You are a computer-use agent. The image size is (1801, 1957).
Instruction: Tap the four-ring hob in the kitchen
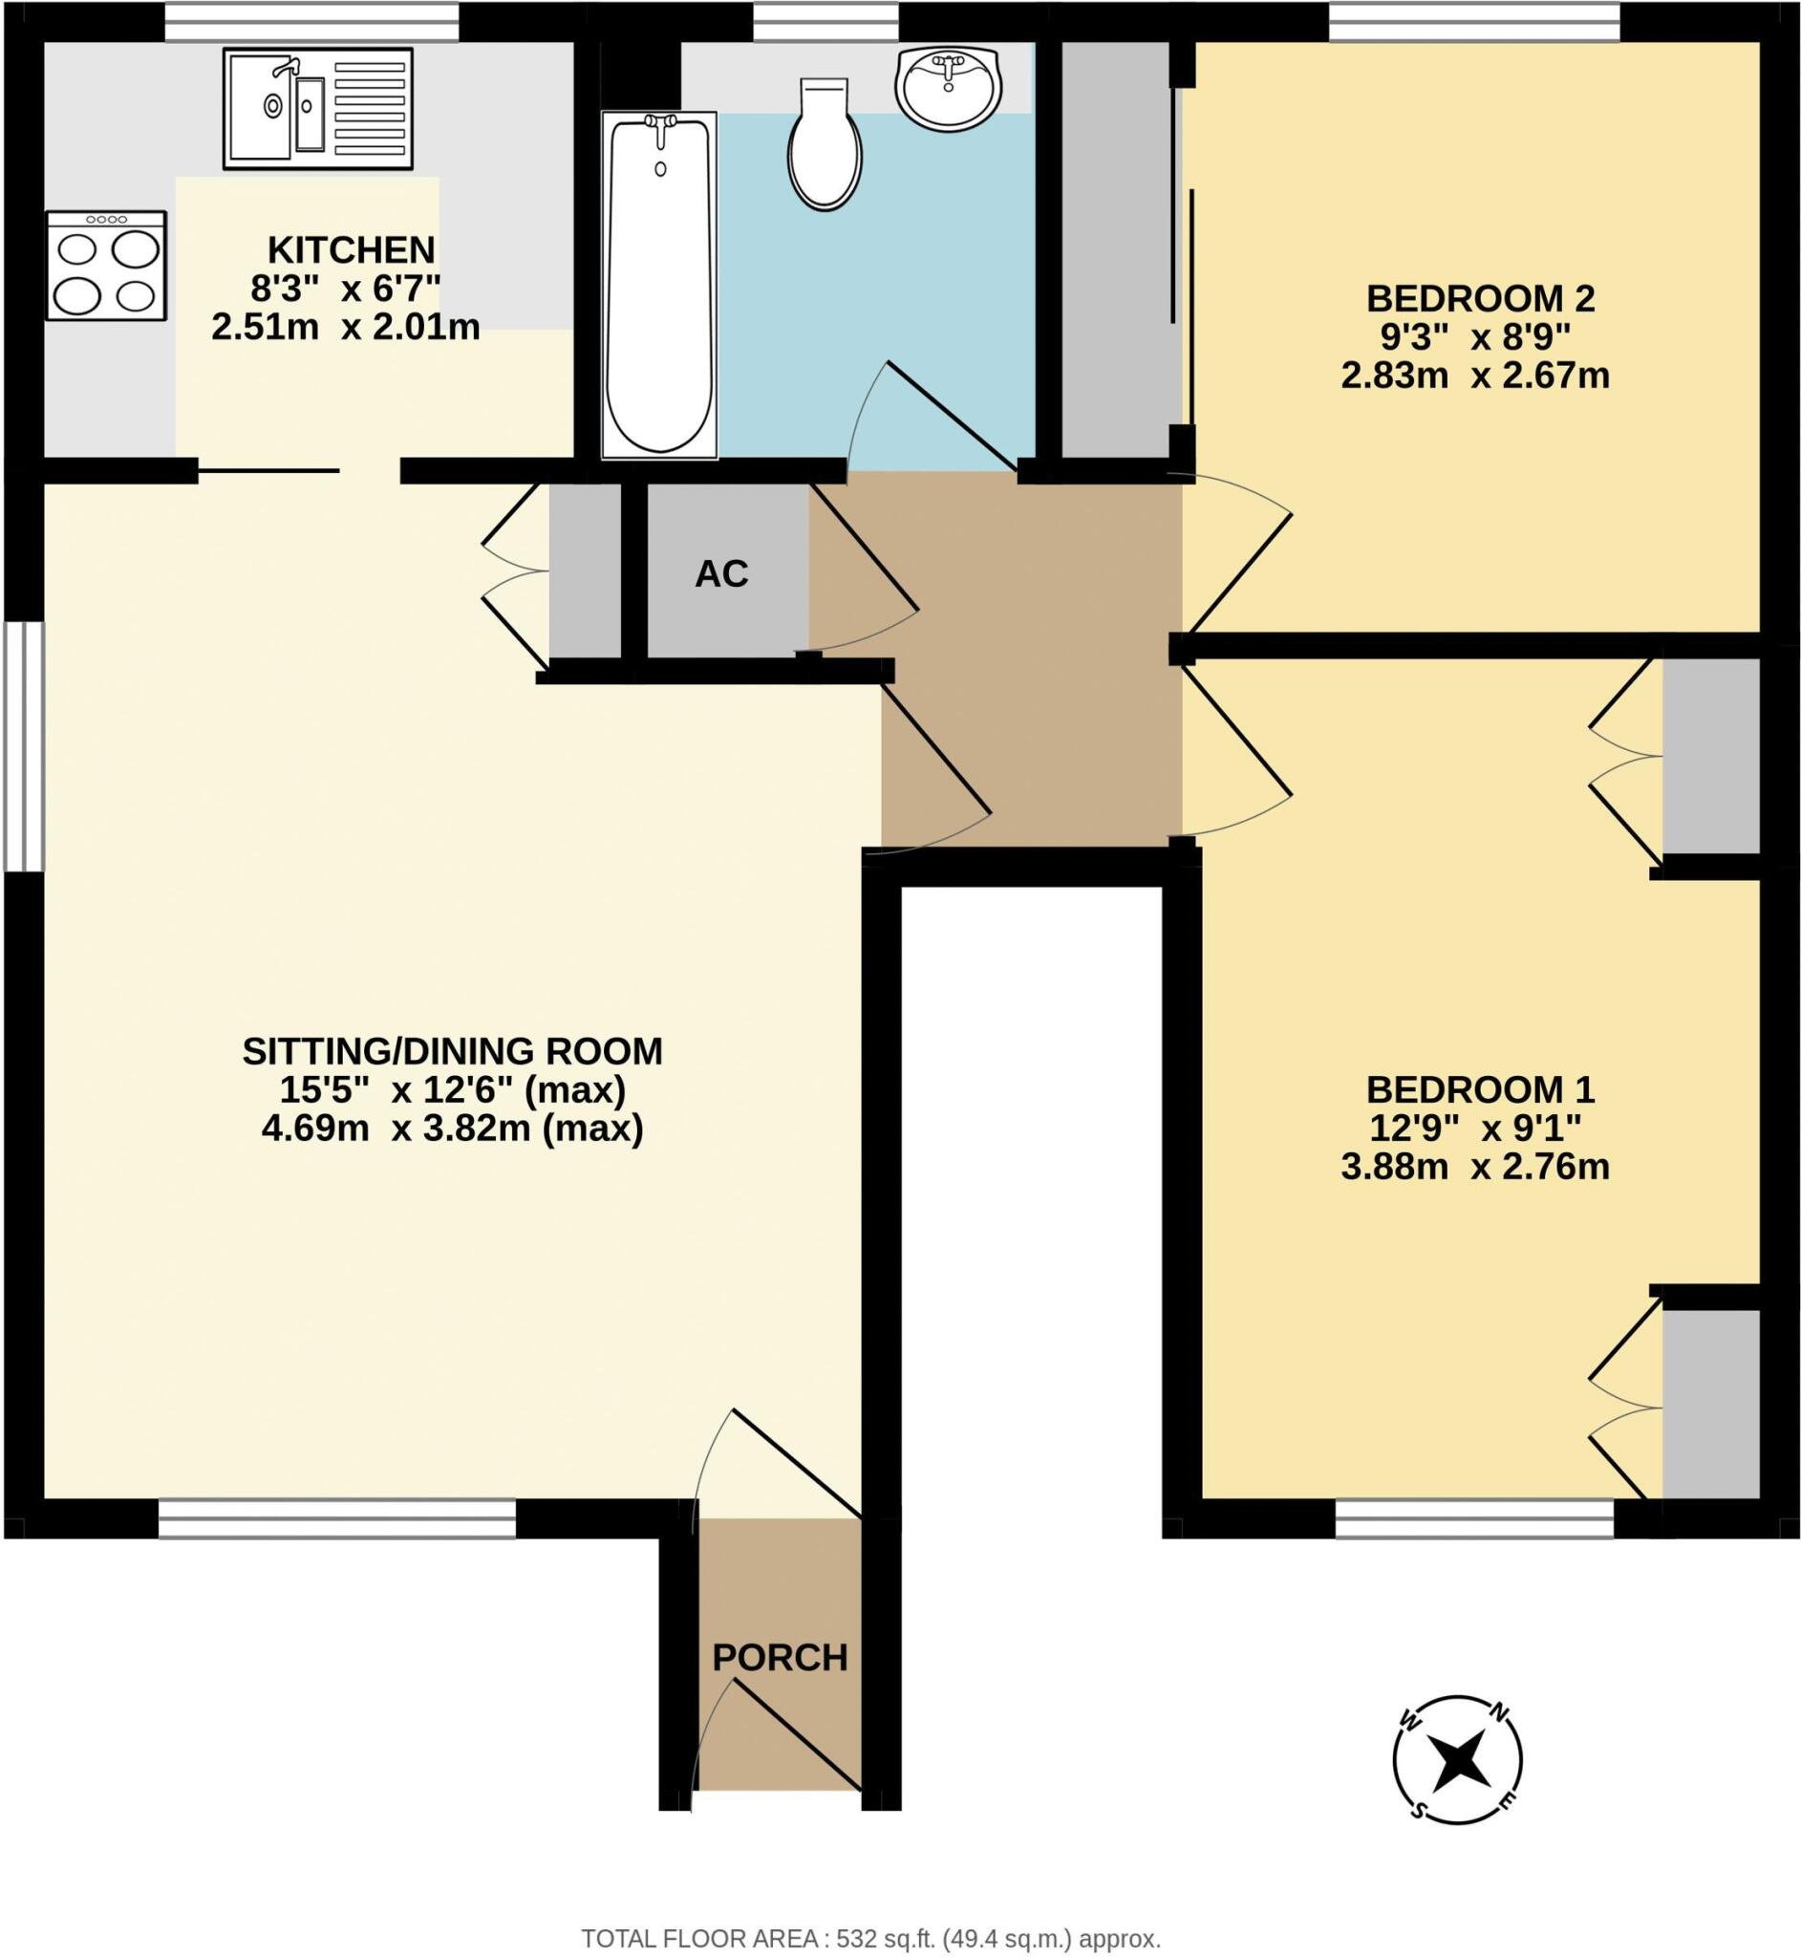pyautogui.click(x=106, y=265)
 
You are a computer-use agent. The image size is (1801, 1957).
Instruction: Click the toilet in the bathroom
pyautogui.click(x=825, y=146)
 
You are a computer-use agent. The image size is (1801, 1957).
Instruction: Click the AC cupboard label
pyautogui.click(x=721, y=574)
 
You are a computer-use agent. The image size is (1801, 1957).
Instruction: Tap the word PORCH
pyautogui.click(x=780, y=1658)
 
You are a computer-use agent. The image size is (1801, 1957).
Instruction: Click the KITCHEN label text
pyautogui.click(x=351, y=250)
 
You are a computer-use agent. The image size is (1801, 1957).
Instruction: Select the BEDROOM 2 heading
pyautogui.click(x=1479, y=298)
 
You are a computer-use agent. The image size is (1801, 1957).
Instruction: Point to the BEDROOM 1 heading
pyautogui.click(x=1479, y=1088)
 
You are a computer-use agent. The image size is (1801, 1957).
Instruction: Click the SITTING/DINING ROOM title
pyautogui.click(x=452, y=1051)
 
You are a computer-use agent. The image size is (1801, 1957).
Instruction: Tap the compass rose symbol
pyautogui.click(x=1457, y=1760)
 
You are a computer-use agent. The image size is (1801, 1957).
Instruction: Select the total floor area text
pyautogui.click(x=870, y=1939)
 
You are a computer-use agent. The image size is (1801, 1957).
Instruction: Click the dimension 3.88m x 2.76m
pyautogui.click(x=1474, y=1167)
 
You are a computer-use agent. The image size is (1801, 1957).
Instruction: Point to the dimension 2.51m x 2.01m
pyautogui.click(x=345, y=328)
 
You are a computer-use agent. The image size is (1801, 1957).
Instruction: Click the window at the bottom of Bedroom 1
pyautogui.click(x=1473, y=1518)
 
